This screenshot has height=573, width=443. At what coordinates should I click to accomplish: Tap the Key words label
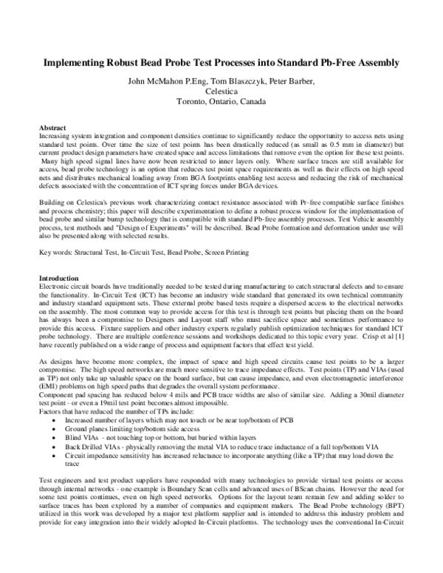55,233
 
